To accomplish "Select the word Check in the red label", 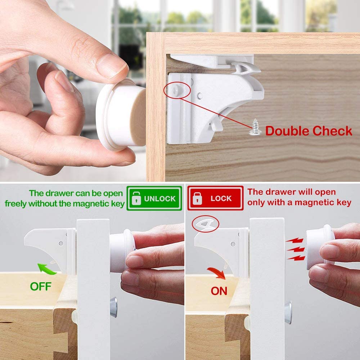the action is coord(332,131).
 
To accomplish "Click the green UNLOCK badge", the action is coord(154,198).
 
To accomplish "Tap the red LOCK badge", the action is coord(215,198).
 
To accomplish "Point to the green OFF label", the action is coord(41,286).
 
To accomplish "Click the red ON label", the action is coord(219,291).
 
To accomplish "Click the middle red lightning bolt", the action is coord(296,249).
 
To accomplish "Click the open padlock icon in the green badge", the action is coord(136,198).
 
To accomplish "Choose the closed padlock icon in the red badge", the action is coord(197,198).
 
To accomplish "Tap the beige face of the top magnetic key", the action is coord(138,117).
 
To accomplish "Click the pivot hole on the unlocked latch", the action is coord(61,243).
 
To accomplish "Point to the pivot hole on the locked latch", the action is coord(233,244).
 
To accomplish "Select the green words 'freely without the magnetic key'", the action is coord(64,204).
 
